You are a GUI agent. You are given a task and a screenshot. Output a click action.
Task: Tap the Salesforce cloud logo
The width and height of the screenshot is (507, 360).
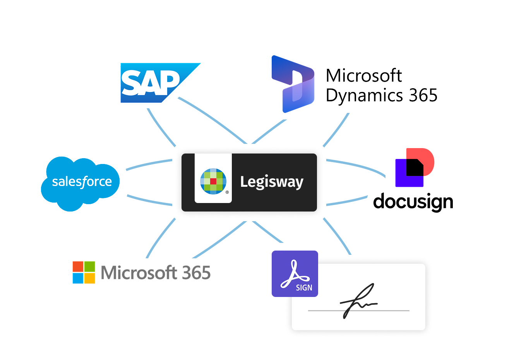[x=81, y=182]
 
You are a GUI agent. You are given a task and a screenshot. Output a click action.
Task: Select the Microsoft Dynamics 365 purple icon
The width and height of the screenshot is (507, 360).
[x=293, y=84]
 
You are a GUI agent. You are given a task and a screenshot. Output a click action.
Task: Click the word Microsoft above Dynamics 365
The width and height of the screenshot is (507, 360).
[x=363, y=76]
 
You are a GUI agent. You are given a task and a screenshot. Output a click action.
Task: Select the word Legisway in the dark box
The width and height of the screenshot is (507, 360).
[x=272, y=182]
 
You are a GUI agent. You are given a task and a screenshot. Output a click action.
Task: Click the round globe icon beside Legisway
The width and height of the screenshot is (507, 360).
[x=213, y=181]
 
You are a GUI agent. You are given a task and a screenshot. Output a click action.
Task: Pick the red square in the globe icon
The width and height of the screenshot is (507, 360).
[x=213, y=181]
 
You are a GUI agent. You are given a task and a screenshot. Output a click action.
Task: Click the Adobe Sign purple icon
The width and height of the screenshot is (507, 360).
[x=295, y=274]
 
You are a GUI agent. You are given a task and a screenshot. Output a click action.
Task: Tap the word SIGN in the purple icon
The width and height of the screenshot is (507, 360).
[x=304, y=288]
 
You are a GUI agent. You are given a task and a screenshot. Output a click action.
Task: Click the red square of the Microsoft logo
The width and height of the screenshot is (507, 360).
[x=78, y=267]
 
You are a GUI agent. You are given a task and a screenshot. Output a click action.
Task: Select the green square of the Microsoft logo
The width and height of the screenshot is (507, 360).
[x=90, y=267]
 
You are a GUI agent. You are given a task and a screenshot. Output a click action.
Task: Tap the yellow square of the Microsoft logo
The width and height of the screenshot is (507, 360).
[x=90, y=278]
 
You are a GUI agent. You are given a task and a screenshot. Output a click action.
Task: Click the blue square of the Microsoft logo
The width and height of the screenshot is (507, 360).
[x=78, y=278]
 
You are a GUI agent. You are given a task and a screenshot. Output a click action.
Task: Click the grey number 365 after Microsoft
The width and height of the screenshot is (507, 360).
[x=196, y=273]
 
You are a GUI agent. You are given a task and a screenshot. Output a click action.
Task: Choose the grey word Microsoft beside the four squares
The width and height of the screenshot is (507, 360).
[x=139, y=273]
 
